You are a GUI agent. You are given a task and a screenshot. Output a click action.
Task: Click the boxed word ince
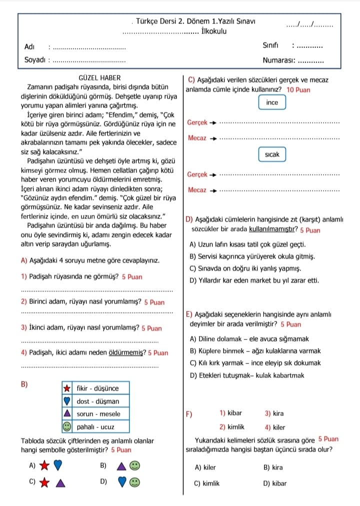click(x=272, y=102)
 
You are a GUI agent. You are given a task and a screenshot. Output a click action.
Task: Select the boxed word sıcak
click(x=272, y=155)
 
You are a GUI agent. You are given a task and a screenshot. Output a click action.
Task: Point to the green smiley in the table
click(x=66, y=427)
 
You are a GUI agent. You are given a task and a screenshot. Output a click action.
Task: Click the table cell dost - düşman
click(x=98, y=401)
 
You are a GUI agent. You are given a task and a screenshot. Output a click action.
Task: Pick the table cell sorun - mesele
click(x=98, y=414)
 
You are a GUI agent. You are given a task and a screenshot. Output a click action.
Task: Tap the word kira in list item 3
click(x=278, y=413)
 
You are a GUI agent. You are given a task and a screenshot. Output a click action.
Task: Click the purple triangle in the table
click(x=66, y=414)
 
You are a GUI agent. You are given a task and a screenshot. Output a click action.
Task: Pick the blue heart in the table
click(x=66, y=401)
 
